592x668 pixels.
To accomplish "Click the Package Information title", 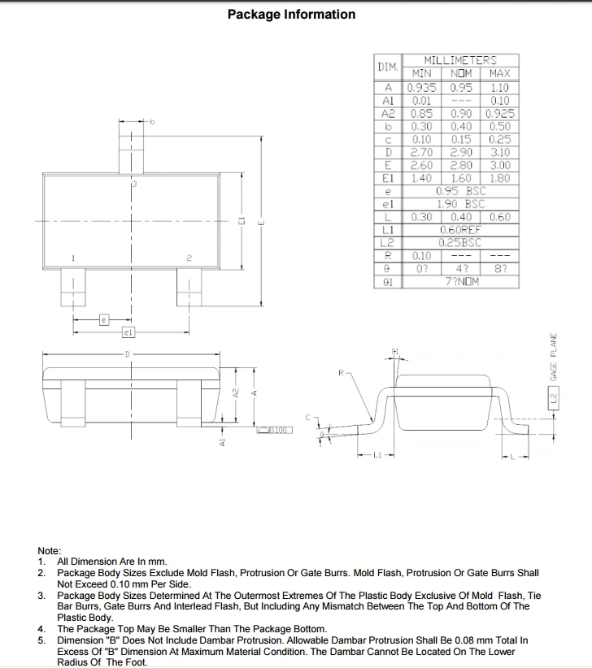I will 291,15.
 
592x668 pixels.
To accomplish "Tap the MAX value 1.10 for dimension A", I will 500,87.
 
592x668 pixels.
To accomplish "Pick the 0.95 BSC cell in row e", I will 460,191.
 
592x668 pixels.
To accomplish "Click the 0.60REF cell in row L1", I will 460,230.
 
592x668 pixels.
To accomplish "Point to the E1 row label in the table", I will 388,178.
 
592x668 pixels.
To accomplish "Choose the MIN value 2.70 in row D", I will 421,152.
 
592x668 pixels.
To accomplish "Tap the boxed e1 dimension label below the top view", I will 128,332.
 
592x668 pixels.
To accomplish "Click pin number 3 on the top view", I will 134,185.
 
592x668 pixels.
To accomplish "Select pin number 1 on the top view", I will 74,258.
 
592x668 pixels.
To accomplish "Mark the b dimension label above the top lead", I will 151,123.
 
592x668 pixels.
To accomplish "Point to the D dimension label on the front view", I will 127,354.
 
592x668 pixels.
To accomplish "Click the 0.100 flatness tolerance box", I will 275,430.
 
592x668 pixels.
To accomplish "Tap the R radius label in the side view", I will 342,372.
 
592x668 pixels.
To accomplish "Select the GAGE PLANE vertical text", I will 554,358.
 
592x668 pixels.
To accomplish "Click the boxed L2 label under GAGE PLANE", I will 554,399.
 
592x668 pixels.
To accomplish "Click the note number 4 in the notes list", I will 41,629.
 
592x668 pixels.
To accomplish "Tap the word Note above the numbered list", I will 50,551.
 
